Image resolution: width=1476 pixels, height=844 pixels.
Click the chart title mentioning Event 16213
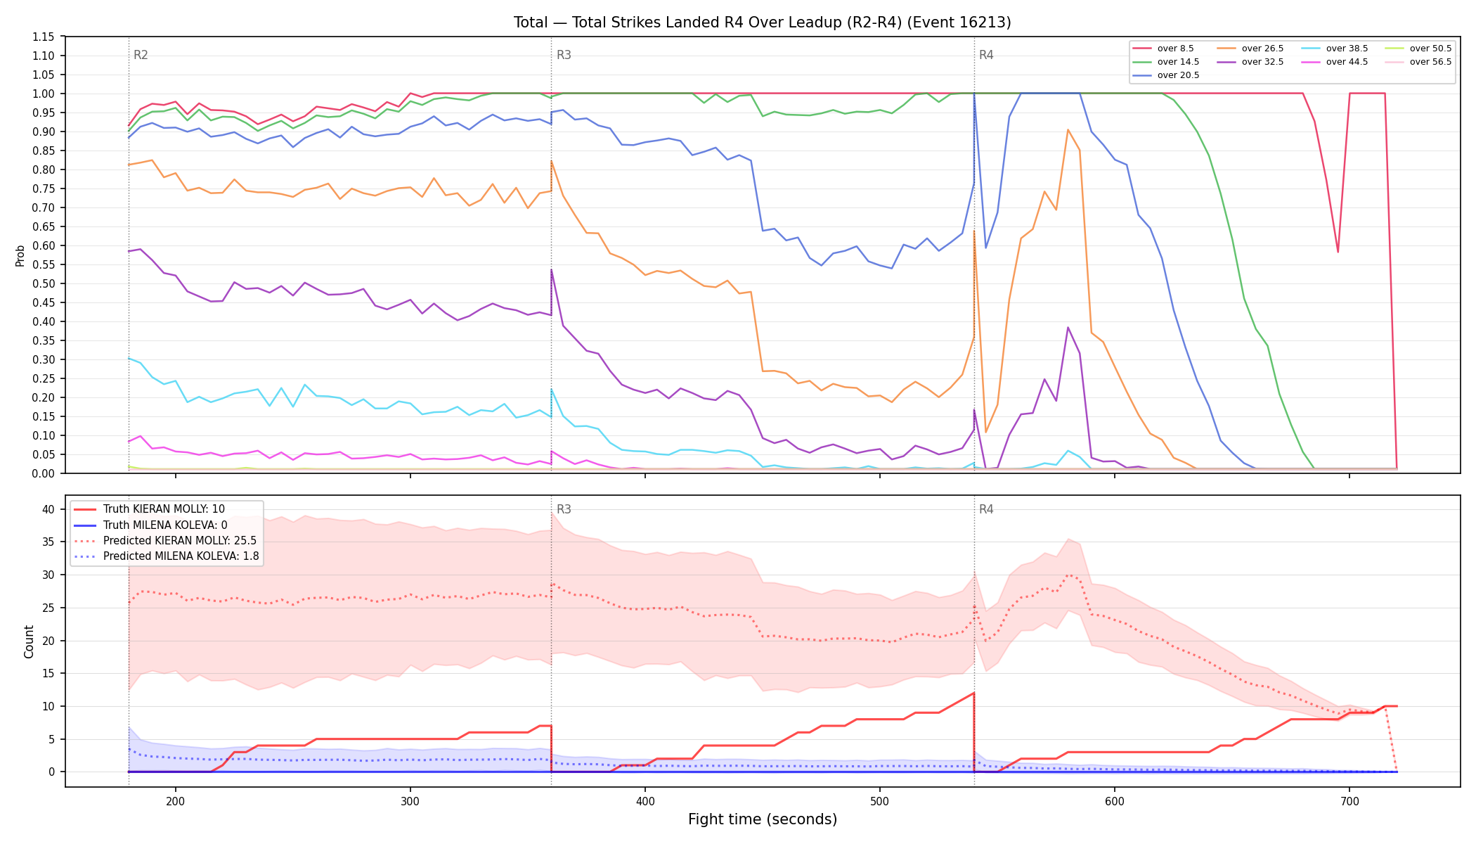763,23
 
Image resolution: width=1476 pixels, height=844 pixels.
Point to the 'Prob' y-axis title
20,255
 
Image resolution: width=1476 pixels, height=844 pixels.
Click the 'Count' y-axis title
29,641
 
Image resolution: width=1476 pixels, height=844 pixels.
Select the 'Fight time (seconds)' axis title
763,819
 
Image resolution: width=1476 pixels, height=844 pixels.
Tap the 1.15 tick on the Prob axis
44,37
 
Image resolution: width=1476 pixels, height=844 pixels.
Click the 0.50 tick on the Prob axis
44,283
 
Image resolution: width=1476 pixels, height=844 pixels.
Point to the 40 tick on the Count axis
49,509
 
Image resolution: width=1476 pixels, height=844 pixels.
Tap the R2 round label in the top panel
141,55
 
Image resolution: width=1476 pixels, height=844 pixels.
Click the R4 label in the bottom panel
986,509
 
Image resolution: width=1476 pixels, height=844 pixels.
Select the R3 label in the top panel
564,55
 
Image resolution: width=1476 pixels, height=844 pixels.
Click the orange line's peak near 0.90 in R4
1068,129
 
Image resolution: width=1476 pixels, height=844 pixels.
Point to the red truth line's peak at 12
973,693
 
